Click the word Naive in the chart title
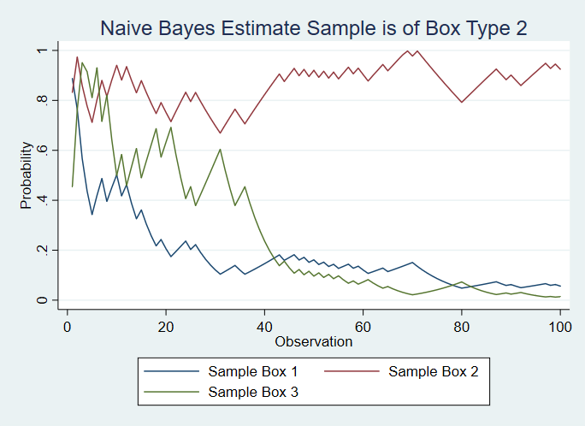tap(125, 27)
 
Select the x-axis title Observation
tap(313, 341)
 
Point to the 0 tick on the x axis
tap(67, 325)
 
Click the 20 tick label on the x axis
tap(165, 325)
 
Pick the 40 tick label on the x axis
tap(264, 325)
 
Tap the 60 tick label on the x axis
tap(363, 325)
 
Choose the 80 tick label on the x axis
tap(462, 325)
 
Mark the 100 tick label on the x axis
tap(560, 325)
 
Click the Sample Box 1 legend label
tap(253, 371)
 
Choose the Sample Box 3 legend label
tap(253, 391)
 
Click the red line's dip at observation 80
tap(462, 102)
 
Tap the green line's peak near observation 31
tap(220, 150)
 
